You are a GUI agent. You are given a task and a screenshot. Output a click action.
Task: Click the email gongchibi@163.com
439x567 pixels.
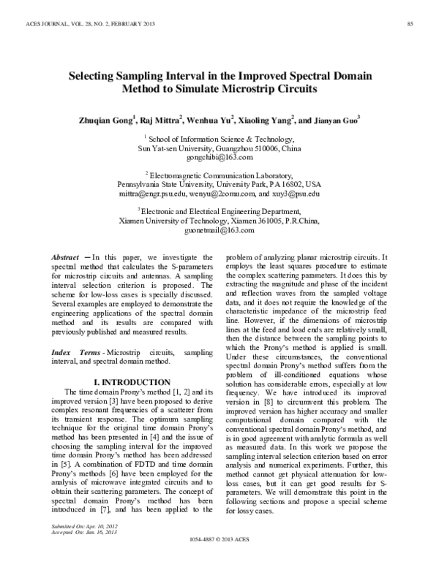[219, 157]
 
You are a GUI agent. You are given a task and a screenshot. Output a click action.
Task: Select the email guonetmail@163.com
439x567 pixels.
[219, 230]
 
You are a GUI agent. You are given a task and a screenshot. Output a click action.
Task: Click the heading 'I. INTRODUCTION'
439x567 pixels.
[128, 382]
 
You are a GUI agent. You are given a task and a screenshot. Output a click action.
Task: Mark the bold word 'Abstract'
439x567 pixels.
[64, 258]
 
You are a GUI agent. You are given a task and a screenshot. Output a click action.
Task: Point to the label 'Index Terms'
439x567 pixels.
[71, 352]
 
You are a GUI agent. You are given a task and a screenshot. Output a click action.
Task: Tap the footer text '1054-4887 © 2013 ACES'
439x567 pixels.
[219, 558]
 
